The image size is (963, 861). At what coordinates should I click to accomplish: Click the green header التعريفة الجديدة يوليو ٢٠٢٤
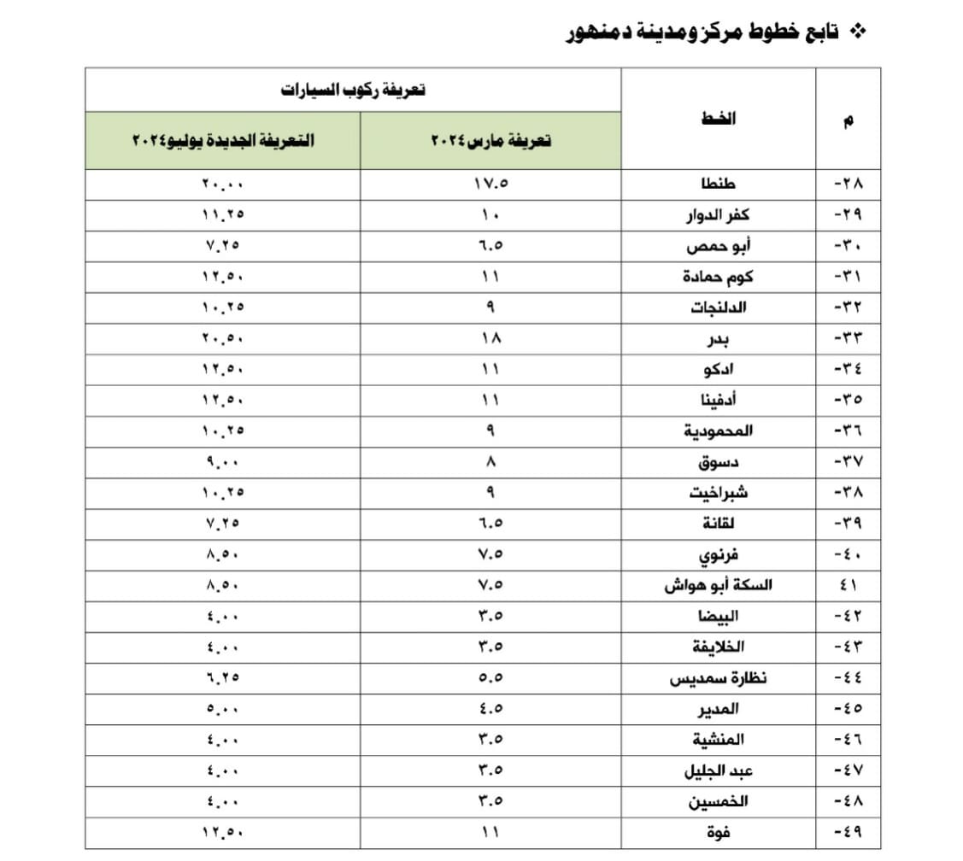coord(223,140)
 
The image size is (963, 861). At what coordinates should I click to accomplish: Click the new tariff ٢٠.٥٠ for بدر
coord(223,338)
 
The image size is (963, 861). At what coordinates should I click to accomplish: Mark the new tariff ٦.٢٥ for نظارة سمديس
coord(223,678)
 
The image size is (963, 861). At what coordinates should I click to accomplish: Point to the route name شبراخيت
coord(719,493)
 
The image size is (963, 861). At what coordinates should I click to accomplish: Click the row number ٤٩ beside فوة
coord(848,832)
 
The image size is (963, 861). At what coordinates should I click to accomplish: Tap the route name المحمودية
coord(718,430)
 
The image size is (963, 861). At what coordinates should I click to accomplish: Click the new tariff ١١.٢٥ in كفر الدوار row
coord(223,215)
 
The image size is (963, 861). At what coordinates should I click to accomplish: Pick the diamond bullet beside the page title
coord(860,32)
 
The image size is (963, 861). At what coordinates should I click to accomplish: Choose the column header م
coord(848,120)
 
